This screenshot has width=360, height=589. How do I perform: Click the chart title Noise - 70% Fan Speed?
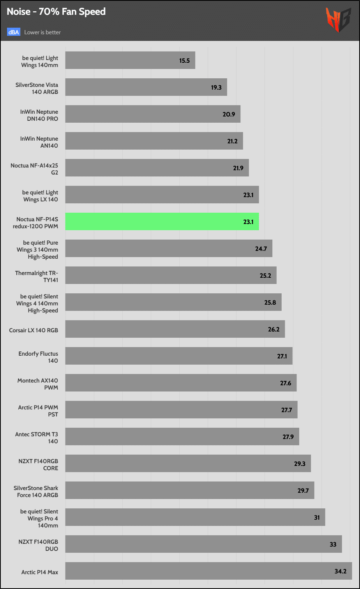tap(56, 12)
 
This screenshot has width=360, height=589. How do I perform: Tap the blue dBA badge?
tap(14, 32)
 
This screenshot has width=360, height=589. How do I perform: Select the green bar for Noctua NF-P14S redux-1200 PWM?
tap(162, 222)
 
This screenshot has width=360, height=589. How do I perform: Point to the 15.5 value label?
tap(185, 61)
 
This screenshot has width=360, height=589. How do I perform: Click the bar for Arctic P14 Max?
tap(208, 571)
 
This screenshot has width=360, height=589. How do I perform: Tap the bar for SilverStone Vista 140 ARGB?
tap(146, 87)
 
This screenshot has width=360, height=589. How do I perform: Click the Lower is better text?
tap(42, 32)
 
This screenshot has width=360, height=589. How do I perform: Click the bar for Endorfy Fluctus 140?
tap(179, 356)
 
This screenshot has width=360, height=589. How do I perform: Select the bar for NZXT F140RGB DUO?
tap(203, 544)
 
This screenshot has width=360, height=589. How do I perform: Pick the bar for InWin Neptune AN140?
tap(154, 141)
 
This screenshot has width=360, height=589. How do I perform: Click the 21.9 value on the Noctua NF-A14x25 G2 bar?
tap(238, 168)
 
